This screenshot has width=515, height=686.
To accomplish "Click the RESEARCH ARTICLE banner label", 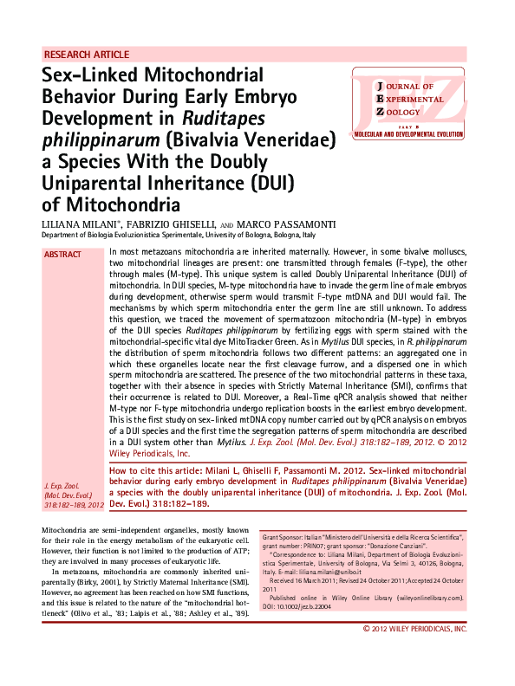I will pos(86,54).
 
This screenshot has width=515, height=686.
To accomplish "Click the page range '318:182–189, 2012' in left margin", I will pos(73,503).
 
